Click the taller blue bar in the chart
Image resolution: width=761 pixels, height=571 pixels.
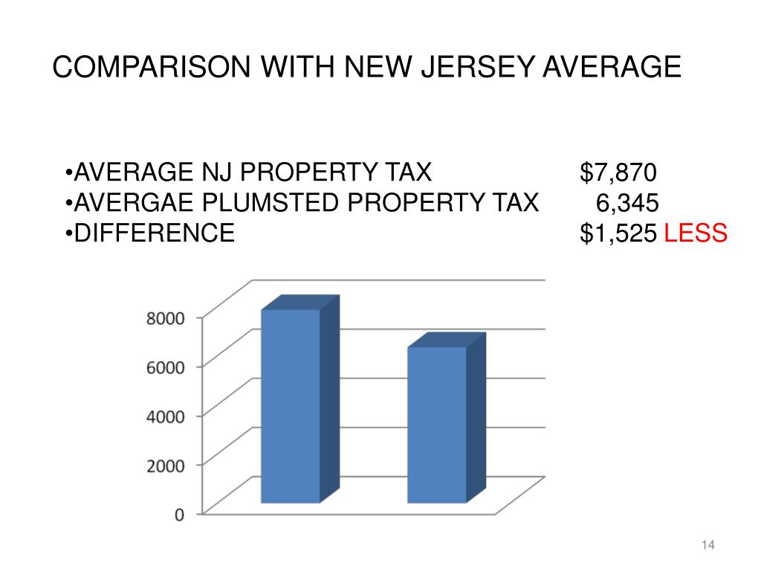pos(291,405)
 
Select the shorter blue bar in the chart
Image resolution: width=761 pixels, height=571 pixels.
pos(438,424)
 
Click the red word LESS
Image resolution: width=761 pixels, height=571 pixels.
pos(695,233)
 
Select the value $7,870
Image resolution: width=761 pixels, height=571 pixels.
pos(618,173)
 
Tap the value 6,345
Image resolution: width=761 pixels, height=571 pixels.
pos(627,203)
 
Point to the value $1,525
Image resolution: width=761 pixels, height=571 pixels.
pos(618,233)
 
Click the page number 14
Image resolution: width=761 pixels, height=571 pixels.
pos(707,546)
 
